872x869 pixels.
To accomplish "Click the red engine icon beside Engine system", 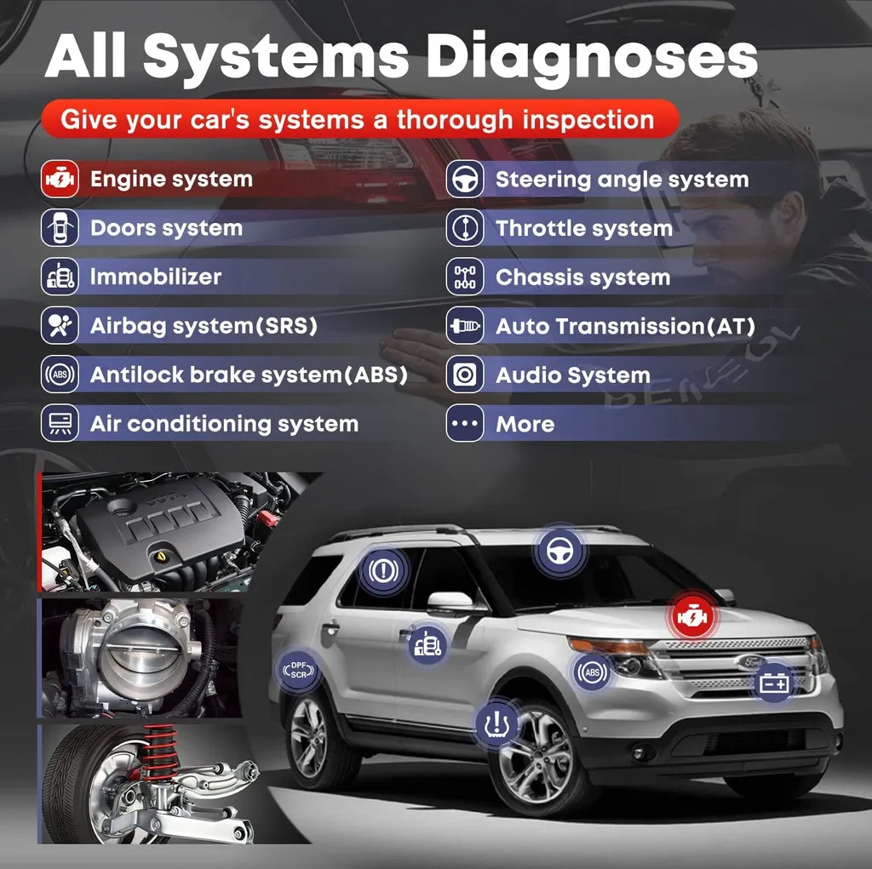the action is [60, 179].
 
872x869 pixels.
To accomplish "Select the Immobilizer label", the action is [156, 277].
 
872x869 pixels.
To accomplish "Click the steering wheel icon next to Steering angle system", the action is [465, 179].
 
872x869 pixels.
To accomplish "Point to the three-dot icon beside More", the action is [465, 423].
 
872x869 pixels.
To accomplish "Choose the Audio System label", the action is [573, 375].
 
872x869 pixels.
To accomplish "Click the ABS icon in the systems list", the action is [60, 374].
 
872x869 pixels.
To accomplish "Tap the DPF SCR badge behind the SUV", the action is [299, 670].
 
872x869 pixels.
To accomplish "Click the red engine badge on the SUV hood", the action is [692, 616].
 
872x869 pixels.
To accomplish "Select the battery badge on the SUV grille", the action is [774, 682].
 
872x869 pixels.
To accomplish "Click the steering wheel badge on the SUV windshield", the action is [559, 551].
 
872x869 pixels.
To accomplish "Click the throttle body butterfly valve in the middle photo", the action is [143, 655].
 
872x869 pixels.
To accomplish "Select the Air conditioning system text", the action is [224, 424].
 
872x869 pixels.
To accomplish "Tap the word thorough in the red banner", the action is [455, 119].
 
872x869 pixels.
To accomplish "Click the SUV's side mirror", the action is [450, 600].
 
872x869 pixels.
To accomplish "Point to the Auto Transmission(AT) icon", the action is [465, 325].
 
